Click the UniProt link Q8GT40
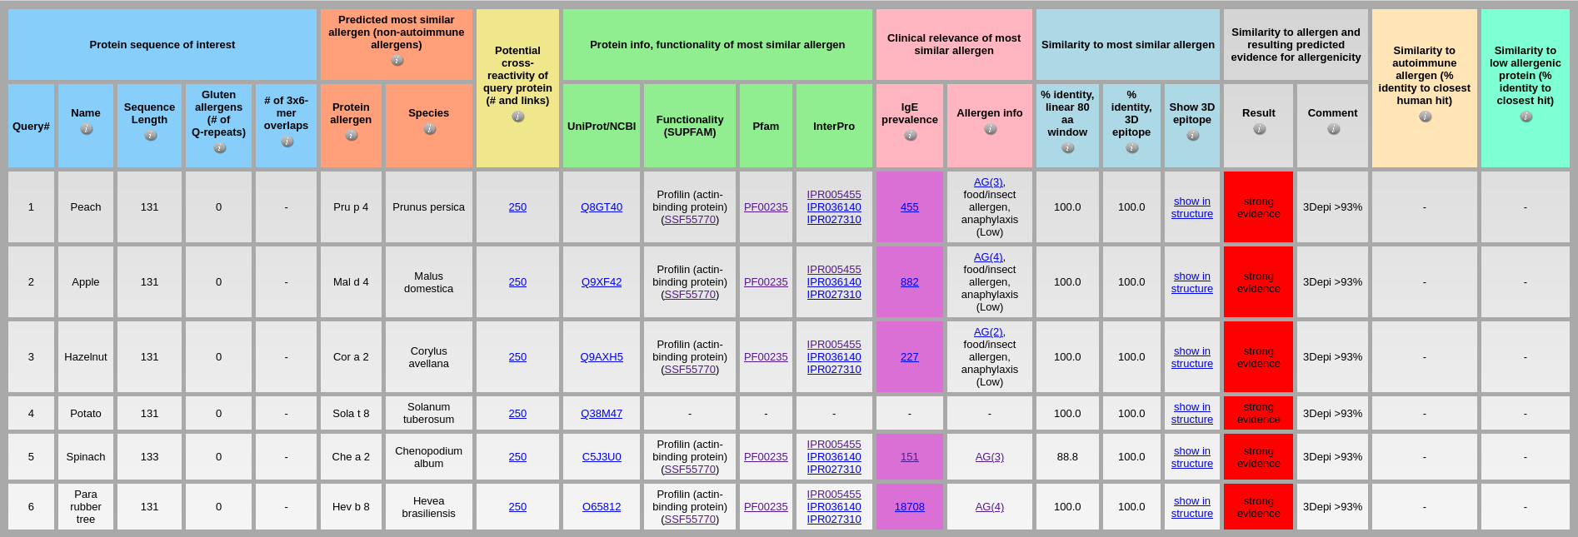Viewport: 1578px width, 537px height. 601,207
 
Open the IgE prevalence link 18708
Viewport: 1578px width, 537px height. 909,507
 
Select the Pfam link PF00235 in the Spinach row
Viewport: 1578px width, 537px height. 765,457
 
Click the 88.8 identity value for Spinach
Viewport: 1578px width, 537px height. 1066,457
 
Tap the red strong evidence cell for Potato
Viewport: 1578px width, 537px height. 1258,413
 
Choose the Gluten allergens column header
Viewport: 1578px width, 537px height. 218,114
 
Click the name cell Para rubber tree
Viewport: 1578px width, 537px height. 85,507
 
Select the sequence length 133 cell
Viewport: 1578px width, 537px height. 149,457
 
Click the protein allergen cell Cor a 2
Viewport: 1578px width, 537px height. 351,357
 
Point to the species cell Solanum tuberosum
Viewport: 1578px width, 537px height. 428,413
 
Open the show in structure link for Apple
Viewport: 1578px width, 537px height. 1191,282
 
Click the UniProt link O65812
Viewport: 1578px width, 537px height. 601,507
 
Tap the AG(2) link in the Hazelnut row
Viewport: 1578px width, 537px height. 988,332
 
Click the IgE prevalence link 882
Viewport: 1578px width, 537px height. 909,282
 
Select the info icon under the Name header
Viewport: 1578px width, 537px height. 86,129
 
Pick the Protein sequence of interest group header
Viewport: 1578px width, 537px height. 162,45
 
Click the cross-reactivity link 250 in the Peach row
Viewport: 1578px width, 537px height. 517,207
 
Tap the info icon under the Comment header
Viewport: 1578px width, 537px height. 1333,129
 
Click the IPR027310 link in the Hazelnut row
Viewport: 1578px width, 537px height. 833,370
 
